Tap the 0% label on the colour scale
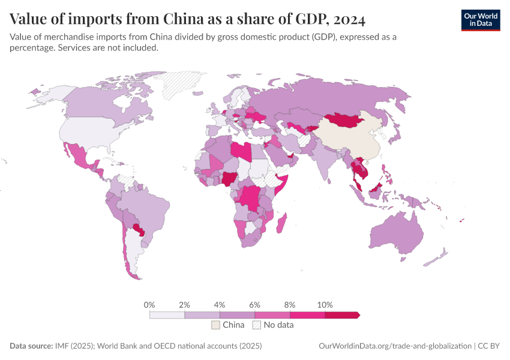(x=150, y=305)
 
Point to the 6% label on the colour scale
(x=254, y=305)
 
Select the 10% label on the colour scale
(x=325, y=305)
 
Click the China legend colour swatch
(x=215, y=325)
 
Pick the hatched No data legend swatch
(x=256, y=325)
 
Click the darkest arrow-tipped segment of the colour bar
(x=341, y=315)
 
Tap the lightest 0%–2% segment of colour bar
(x=167, y=315)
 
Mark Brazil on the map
(x=144, y=210)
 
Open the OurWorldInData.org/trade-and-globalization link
(x=394, y=346)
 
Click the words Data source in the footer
(x=30, y=346)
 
